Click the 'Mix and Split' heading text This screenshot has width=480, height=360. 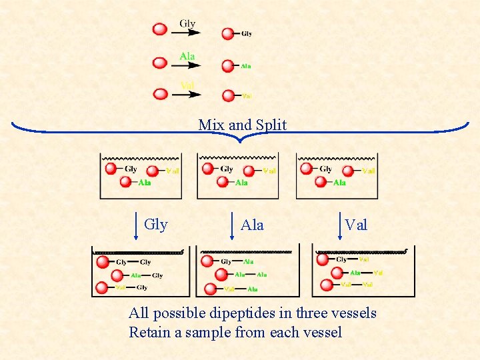click(242, 125)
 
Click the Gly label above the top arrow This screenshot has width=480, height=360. click(187, 24)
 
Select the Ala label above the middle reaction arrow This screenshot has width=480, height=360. click(187, 57)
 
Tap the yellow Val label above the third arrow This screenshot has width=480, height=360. click(187, 86)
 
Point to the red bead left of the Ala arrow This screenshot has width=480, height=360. click(160, 63)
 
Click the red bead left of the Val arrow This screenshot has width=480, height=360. click(161, 94)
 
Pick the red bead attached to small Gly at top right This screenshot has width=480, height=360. click(228, 33)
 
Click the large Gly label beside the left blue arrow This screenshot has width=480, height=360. click(156, 225)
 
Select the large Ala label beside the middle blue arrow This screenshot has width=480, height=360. click(252, 225)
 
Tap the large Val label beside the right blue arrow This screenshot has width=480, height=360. click(356, 225)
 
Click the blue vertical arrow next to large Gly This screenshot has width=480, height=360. click(137, 225)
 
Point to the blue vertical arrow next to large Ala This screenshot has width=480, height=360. click(233, 225)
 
